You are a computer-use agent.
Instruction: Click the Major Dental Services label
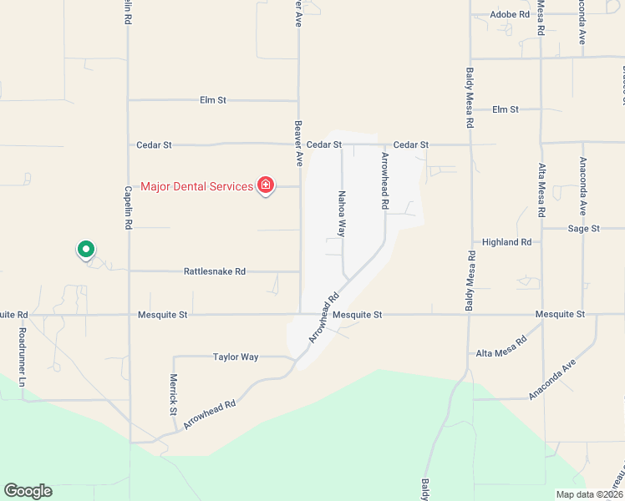[x=196, y=186]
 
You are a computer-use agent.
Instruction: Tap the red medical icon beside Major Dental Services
[x=266, y=185]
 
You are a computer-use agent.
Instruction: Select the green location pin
[x=85, y=249]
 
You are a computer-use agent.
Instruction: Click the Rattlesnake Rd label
[x=215, y=271]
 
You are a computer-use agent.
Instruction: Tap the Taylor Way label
[x=236, y=357]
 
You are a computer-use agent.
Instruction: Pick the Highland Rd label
[x=506, y=242]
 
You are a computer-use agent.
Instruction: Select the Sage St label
[x=584, y=228]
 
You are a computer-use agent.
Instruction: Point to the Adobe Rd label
[x=510, y=14]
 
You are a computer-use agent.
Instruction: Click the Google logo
[x=28, y=491]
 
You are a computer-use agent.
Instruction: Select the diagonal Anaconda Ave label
[x=552, y=380]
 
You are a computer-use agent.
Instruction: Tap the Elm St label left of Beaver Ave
[x=213, y=100]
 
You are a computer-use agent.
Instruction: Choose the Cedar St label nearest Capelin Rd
[x=154, y=144]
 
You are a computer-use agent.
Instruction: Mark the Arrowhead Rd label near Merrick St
[x=210, y=413]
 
